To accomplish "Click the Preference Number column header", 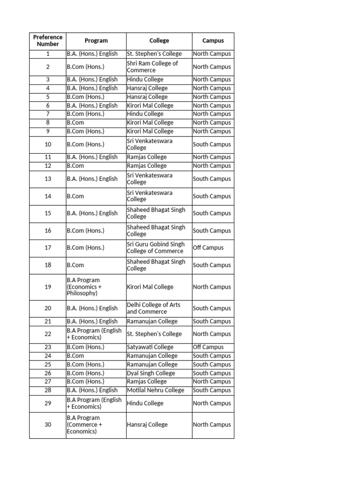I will pyautogui.click(x=47, y=41).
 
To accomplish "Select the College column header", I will pyautogui.click(x=159, y=41).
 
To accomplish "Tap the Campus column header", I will pyautogui.click(x=213, y=41).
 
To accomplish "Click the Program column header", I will pyautogui.click(x=96, y=41).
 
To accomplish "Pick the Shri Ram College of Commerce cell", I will pyautogui.click(x=158, y=67).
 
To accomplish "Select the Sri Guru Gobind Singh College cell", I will pyautogui.click(x=158, y=248).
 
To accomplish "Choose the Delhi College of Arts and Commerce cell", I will pyautogui.click(x=158, y=308).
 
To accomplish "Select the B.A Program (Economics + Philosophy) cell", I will pyautogui.click(x=96, y=287).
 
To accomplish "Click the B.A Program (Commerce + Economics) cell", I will pyautogui.click(x=96, y=425).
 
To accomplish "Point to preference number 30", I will pyautogui.click(x=48, y=425).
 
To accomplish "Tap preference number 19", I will pyautogui.click(x=48, y=287).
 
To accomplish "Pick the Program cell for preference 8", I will pyautogui.click(x=96, y=123).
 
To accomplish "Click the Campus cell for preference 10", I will pyautogui.click(x=212, y=144).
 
